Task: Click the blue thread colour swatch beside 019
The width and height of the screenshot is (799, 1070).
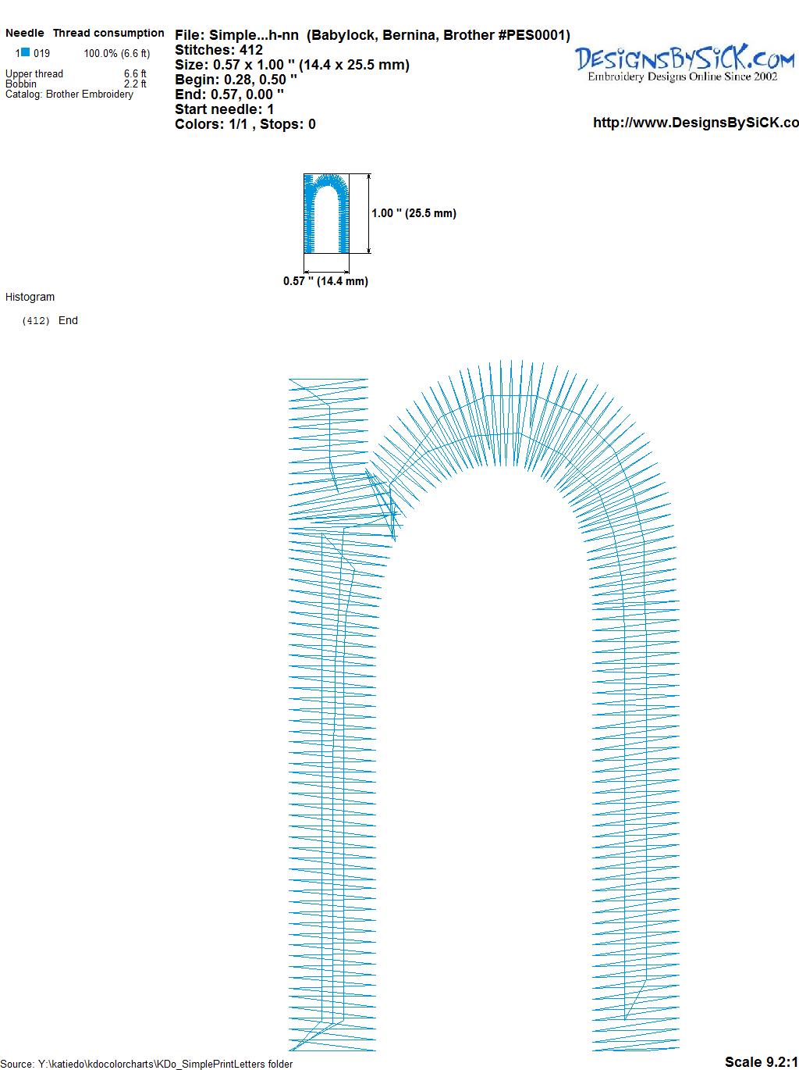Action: [25, 52]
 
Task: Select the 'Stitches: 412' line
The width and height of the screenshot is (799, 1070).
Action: [218, 50]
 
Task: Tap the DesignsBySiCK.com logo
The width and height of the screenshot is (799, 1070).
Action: [685, 63]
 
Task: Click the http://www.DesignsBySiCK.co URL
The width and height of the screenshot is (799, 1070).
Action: [696, 123]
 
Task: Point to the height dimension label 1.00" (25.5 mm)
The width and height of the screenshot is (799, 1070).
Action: [414, 213]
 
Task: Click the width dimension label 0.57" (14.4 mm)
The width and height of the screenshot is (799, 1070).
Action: [325, 281]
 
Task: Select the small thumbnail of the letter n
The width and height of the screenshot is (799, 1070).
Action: [326, 213]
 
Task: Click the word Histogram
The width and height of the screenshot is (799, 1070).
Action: [30, 297]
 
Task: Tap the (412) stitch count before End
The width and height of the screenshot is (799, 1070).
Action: [36, 321]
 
